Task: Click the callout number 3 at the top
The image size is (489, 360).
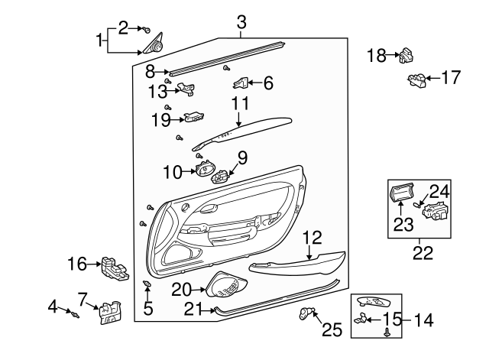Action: click(x=241, y=22)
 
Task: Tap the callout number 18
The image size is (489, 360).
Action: click(x=377, y=55)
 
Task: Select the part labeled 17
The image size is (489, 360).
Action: click(x=418, y=79)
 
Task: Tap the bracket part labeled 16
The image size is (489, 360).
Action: click(x=113, y=267)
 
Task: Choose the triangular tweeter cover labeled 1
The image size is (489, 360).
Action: click(x=155, y=47)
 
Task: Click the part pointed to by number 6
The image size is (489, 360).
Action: click(x=242, y=82)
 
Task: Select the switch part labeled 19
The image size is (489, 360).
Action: click(x=193, y=118)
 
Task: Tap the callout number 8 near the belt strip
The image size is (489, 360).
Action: click(x=151, y=72)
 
